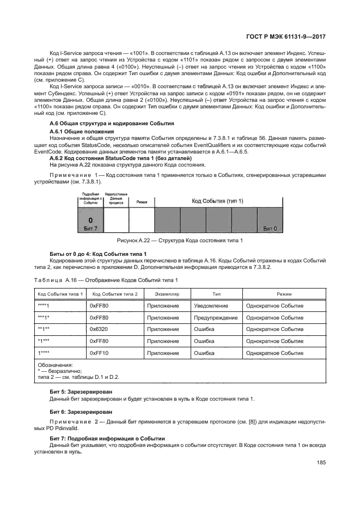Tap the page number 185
(x=321, y=463)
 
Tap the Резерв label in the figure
(x=142, y=201)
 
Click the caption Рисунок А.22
(x=180, y=241)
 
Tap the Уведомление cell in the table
(x=211, y=306)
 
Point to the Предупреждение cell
(x=216, y=318)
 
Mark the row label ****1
(x=44, y=306)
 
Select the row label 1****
(x=44, y=353)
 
